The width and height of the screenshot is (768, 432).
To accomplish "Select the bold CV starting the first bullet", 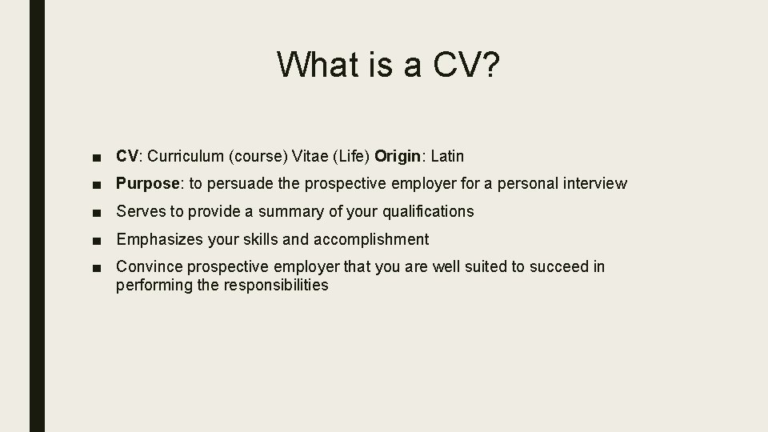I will click(127, 156).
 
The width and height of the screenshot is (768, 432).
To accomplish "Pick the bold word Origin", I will click(400, 156).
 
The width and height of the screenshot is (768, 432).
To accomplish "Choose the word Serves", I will click(139, 212).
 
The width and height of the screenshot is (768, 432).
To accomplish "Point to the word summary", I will click(286, 212).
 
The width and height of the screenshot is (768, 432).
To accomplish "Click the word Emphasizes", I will click(157, 239).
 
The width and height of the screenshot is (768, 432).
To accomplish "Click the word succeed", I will click(562, 266).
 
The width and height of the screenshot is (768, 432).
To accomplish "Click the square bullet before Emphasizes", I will click(97, 240).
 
